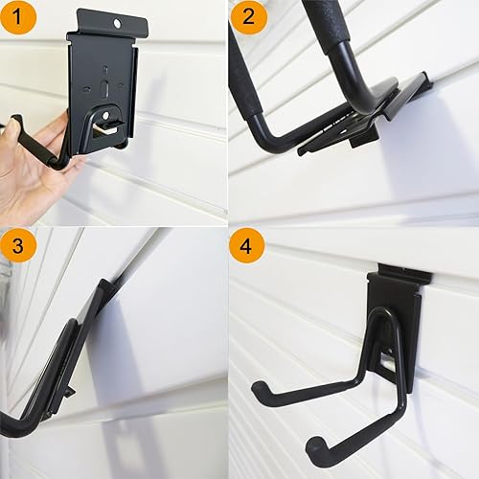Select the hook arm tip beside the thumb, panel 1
(16, 122)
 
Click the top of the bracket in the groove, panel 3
(104, 286)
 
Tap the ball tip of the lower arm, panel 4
(312, 445)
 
